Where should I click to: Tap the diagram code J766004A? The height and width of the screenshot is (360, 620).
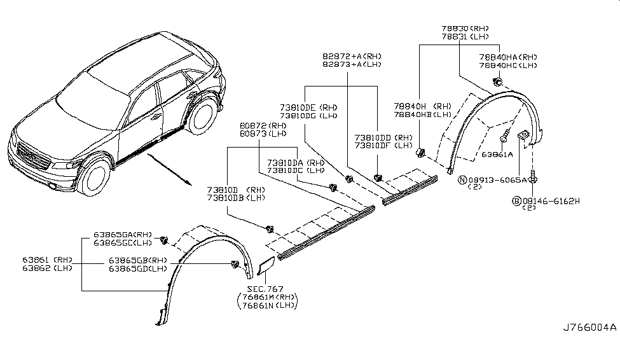click(x=589, y=328)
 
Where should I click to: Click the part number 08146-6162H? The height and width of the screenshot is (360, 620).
click(x=551, y=200)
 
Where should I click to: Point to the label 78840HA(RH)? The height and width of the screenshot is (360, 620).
click(x=508, y=57)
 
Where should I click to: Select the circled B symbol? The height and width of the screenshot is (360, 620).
click(x=517, y=200)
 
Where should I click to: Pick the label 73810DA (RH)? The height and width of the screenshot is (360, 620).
click(x=296, y=163)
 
